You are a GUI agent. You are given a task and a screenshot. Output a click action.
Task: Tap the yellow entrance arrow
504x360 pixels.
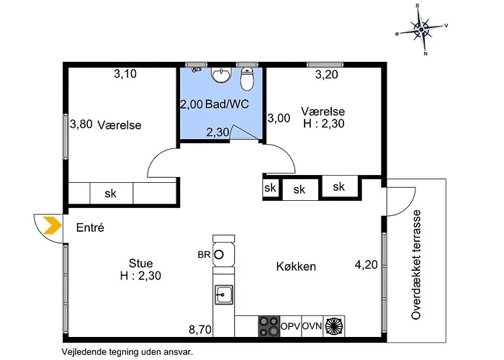(50, 226)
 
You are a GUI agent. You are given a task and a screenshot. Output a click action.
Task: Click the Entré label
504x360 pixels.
(91, 228)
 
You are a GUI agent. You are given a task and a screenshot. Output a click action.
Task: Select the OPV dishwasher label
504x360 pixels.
(290, 325)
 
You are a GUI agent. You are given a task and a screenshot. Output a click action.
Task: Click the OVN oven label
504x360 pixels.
(312, 325)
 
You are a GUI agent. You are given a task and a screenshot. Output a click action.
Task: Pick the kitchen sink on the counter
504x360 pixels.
(224, 294)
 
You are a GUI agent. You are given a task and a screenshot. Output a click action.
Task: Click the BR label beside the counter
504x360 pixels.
(204, 254)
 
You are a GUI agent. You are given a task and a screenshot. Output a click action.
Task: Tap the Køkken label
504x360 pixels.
(296, 266)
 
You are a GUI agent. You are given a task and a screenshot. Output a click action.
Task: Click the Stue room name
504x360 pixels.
(141, 262)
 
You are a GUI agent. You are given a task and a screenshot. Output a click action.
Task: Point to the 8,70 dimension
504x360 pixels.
(200, 330)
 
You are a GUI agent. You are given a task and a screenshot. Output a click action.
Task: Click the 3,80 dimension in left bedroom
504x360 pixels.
(81, 124)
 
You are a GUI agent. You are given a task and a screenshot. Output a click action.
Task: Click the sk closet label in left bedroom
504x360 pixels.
(111, 194)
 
